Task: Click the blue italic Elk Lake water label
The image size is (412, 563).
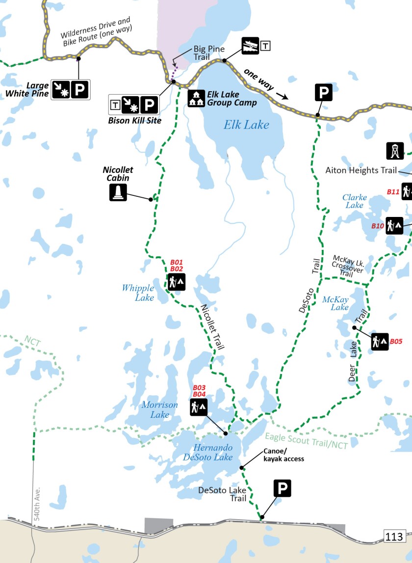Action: [246, 125]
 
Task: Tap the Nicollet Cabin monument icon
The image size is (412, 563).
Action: [118, 192]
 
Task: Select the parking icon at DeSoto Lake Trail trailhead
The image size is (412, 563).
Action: [282, 488]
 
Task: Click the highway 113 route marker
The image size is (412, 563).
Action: [394, 536]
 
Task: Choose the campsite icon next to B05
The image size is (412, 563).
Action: [380, 341]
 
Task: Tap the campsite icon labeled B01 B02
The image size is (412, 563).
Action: [177, 282]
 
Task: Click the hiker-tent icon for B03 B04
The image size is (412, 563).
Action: [199, 407]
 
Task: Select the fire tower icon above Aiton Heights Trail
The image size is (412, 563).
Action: [395, 151]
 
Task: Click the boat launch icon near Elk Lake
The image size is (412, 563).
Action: [250, 46]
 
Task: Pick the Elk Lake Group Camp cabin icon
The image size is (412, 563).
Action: [196, 98]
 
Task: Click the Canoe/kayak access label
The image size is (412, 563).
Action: [283, 455]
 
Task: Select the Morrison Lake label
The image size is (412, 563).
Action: [160, 409]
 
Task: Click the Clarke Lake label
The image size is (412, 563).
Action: [355, 201]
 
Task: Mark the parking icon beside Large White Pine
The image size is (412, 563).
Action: [79, 89]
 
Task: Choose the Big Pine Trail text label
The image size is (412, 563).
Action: [208, 53]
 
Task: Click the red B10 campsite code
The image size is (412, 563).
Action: [377, 226]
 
